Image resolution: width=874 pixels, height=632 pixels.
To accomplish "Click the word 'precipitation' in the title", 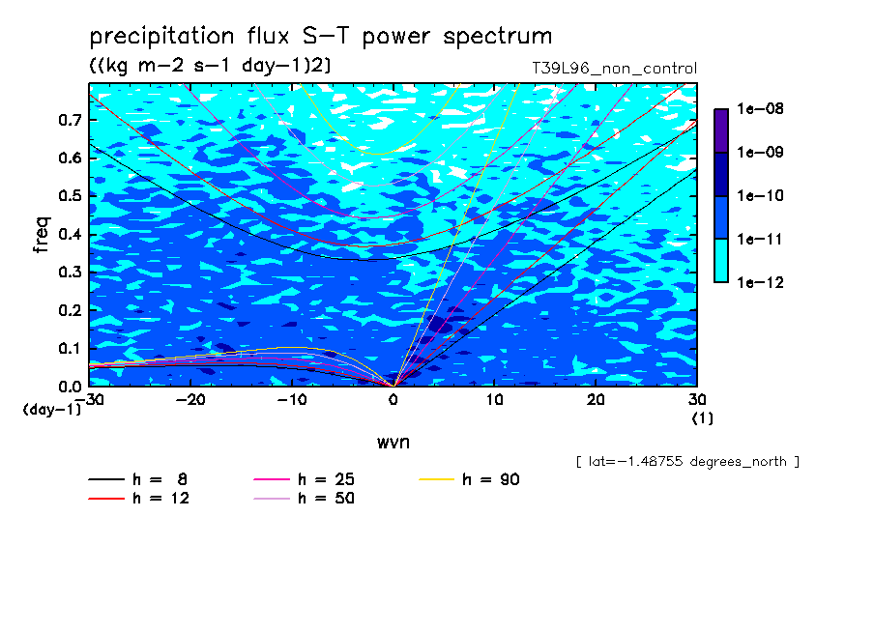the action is [x=161, y=36].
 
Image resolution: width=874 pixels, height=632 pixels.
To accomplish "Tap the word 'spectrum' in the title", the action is [x=497, y=36].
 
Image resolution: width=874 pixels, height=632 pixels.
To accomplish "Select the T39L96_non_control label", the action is [x=614, y=69].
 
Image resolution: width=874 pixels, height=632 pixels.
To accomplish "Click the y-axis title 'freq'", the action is [x=42, y=235].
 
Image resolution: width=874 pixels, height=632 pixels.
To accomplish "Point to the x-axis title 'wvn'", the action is [x=393, y=443].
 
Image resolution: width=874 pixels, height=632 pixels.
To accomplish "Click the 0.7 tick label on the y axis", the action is [x=71, y=120].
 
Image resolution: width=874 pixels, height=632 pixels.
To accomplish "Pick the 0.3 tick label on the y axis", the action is [x=71, y=272].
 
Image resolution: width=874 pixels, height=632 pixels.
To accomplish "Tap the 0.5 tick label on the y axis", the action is [x=71, y=196].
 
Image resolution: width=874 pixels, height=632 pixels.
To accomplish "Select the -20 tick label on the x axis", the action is [x=190, y=400].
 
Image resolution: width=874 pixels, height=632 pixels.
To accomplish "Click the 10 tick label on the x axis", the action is [x=494, y=400].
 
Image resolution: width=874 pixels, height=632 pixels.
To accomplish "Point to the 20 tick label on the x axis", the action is [x=596, y=400].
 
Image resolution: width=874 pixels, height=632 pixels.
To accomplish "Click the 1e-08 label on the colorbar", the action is [x=760, y=108].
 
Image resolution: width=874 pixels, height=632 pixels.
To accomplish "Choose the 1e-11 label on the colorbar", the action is [x=760, y=239].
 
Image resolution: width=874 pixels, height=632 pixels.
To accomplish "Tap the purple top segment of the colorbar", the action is [x=721, y=130].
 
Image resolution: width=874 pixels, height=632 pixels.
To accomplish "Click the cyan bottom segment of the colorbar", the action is [x=721, y=260].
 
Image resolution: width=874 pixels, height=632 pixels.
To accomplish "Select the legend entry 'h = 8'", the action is [x=137, y=479].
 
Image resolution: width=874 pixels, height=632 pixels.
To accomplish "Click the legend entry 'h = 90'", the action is [x=469, y=479].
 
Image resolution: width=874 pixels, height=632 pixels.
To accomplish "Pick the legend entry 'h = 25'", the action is [x=305, y=479].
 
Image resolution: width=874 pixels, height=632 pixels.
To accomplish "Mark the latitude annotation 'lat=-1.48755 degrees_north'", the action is [x=687, y=462].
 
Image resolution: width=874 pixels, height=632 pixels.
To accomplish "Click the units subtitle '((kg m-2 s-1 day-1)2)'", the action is [x=210, y=66].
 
